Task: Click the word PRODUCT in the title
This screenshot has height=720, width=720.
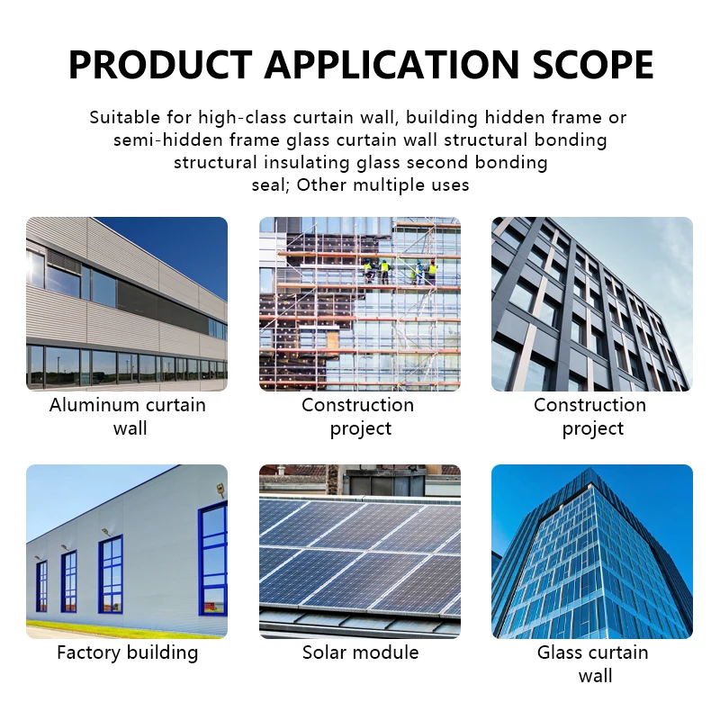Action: click(160, 64)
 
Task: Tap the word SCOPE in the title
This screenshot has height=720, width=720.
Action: click(593, 64)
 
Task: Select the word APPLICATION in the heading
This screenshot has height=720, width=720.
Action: click(391, 64)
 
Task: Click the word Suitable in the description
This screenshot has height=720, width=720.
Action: click(124, 117)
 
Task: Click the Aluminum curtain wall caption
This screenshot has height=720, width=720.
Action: click(128, 417)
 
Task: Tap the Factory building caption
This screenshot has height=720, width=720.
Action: click(128, 652)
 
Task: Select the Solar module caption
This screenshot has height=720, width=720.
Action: click(361, 652)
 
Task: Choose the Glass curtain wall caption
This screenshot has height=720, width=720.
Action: click(593, 664)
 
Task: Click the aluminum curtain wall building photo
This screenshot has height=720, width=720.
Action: click(127, 304)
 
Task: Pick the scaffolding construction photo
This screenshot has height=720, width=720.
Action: click(360, 304)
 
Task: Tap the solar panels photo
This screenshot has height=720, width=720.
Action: click(360, 552)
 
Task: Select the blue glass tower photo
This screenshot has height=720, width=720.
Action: click(592, 552)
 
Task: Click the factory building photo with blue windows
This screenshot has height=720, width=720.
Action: click(127, 552)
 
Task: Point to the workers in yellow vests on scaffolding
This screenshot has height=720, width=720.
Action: click(400, 271)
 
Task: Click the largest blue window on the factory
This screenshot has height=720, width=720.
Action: click(213, 559)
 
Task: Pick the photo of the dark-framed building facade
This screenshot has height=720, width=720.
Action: click(592, 304)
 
